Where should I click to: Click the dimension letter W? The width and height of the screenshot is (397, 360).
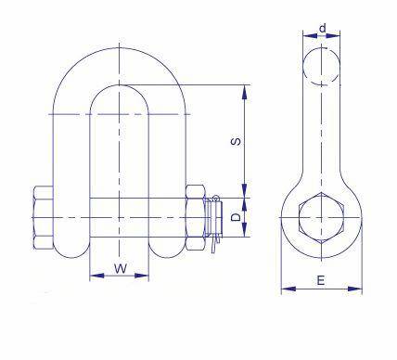coord(121,268)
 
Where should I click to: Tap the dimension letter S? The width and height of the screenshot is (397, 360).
coord(236,142)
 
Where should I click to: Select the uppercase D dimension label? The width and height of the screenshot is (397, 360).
coord(236,217)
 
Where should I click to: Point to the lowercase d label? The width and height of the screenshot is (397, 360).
coord(323,28)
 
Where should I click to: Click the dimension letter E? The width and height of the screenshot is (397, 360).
coord(321,280)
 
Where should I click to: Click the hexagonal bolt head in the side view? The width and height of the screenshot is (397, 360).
coord(321,217)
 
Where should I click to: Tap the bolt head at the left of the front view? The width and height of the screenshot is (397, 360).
coord(43,218)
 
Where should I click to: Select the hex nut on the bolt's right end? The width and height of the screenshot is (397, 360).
coord(196,217)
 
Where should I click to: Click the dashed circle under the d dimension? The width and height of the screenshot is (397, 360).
coord(322,66)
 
